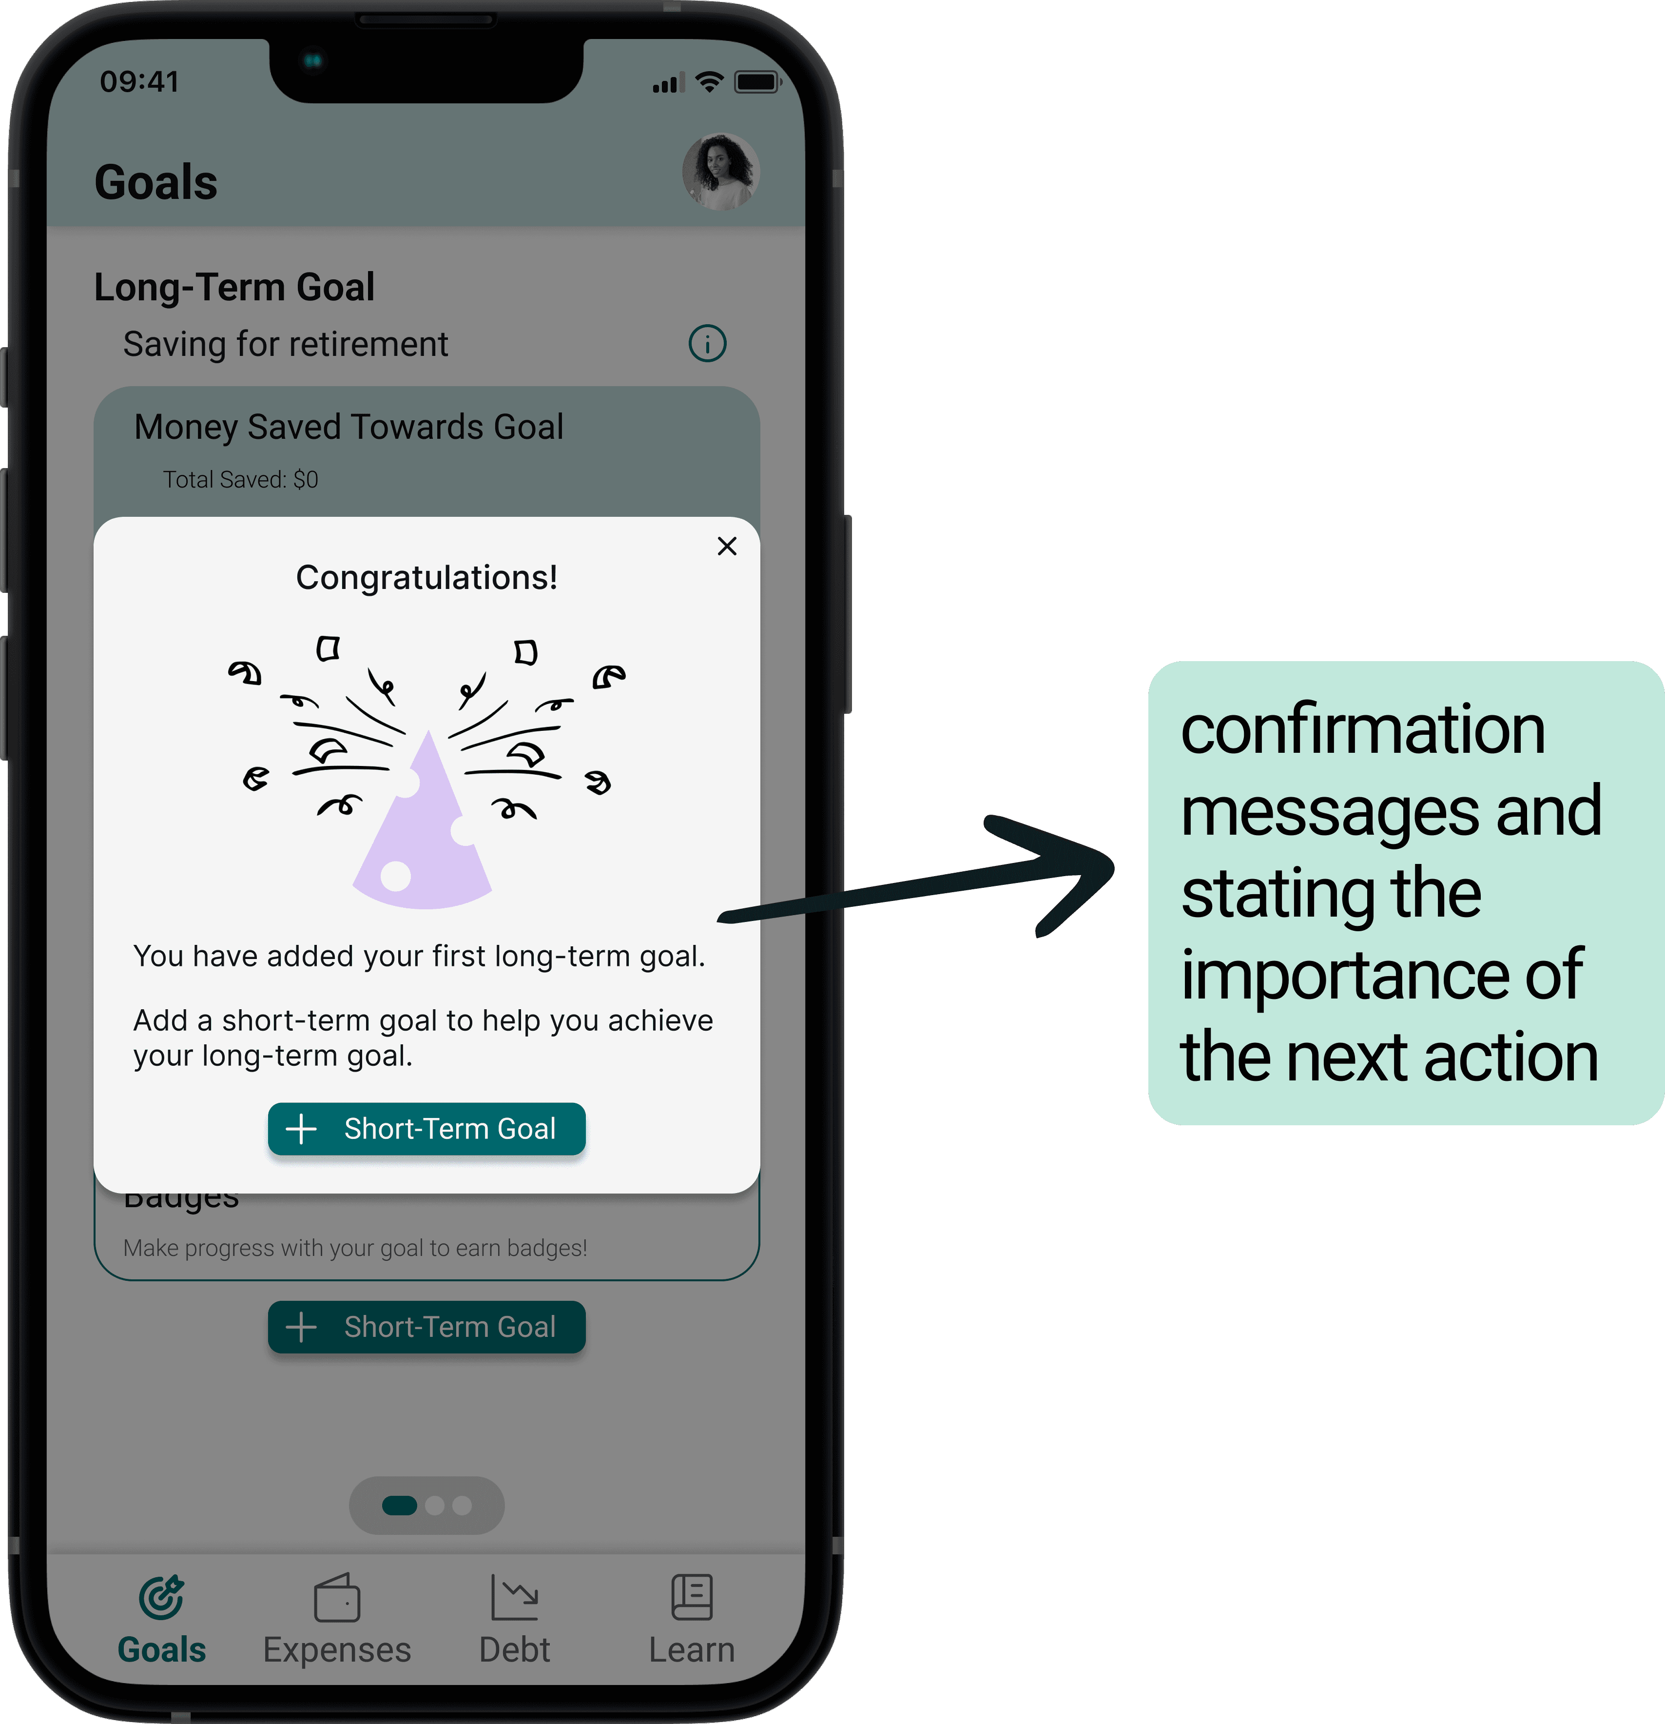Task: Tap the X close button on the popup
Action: tap(727, 546)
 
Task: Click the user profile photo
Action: tap(720, 172)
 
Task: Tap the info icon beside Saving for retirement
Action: tap(707, 344)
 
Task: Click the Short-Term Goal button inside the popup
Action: tap(426, 1129)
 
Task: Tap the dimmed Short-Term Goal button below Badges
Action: tap(426, 1327)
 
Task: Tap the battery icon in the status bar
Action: tap(756, 83)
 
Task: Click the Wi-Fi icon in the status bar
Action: tap(709, 83)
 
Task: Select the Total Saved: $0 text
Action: tap(240, 479)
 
